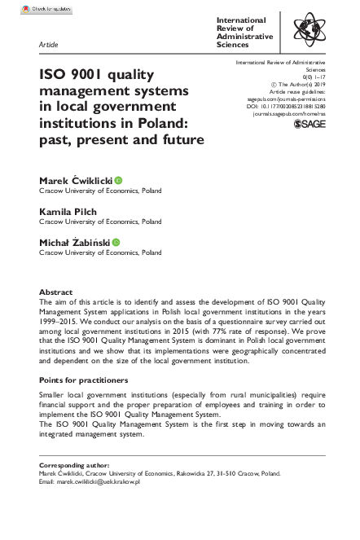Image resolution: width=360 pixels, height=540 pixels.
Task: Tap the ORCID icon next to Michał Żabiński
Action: [x=116, y=242]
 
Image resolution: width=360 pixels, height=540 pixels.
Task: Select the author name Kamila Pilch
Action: [x=68, y=211]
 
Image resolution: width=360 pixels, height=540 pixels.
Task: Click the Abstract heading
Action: [x=56, y=292]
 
